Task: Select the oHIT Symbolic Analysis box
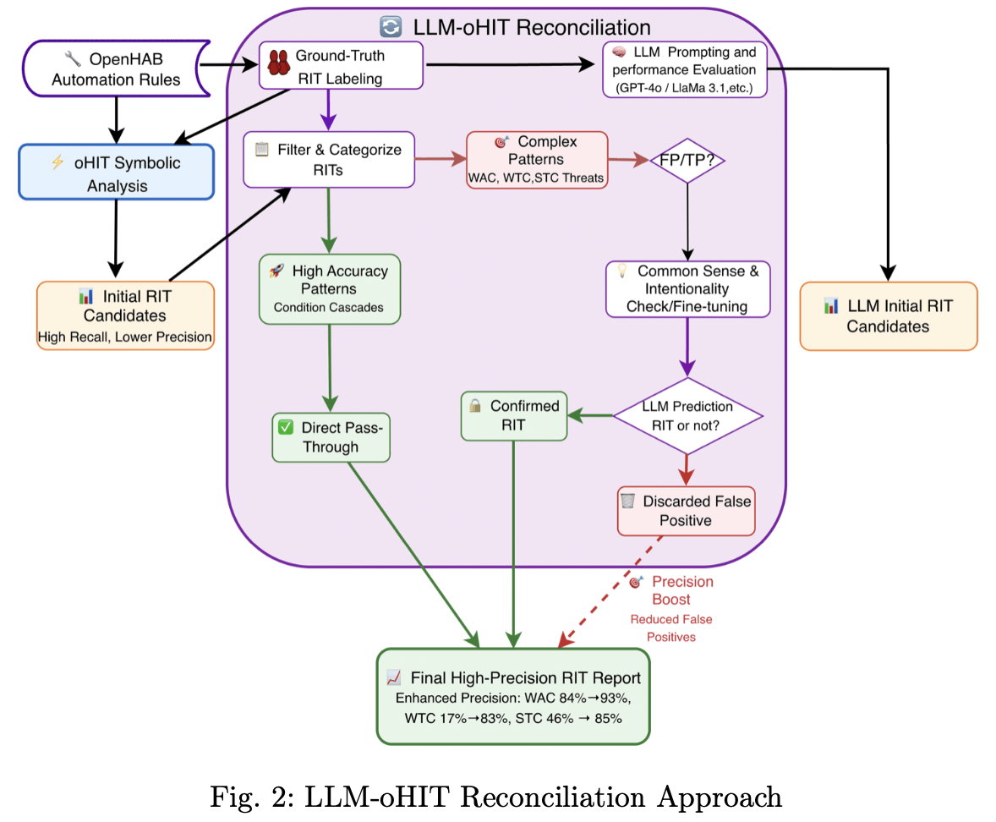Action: [x=116, y=173]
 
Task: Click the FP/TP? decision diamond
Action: [x=687, y=159]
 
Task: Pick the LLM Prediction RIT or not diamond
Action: [x=687, y=415]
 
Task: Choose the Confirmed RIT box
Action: [x=513, y=415]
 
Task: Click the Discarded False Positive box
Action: [x=686, y=511]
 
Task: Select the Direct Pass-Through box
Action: [x=331, y=437]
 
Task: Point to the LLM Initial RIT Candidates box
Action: [x=889, y=316]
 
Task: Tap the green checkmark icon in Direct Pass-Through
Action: [x=286, y=428]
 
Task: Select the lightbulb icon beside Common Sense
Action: [x=622, y=271]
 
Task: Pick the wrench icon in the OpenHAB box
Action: [x=73, y=59]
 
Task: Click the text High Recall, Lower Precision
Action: [x=125, y=337]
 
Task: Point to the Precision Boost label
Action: [x=681, y=590]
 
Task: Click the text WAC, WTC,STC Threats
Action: [x=536, y=178]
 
